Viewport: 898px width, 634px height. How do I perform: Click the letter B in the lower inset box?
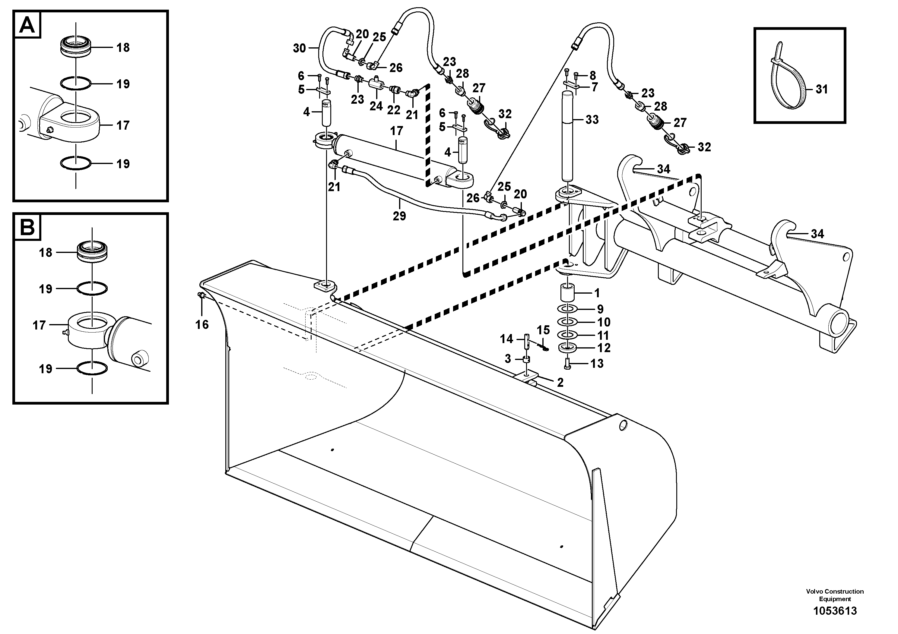coord(27,227)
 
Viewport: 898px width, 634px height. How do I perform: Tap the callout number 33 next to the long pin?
coord(592,120)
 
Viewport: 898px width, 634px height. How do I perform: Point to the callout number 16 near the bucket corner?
coord(202,324)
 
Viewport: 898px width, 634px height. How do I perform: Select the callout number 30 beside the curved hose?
coord(299,49)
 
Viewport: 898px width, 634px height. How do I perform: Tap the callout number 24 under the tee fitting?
coord(376,106)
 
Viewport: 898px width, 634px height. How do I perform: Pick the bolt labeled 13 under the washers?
coord(567,364)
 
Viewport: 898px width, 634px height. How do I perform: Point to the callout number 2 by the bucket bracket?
coord(560,383)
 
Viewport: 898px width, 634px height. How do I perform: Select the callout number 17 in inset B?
coord(39,325)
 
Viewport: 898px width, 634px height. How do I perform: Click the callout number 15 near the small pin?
coord(543,330)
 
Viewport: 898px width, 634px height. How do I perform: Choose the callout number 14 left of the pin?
coord(506,339)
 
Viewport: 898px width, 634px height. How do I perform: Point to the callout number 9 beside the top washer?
coord(600,309)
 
